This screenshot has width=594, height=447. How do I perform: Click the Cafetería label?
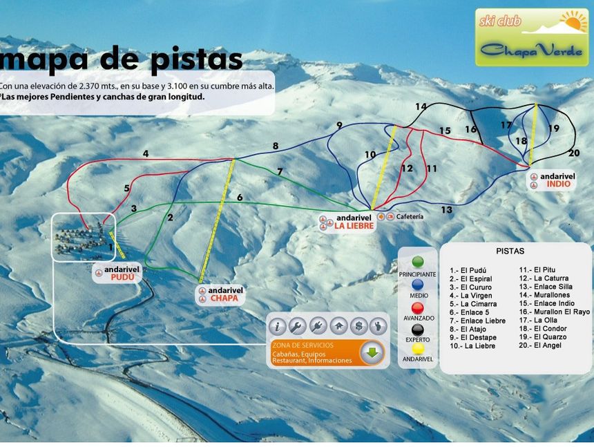click(410, 216)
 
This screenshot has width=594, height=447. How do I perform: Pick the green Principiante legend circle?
click(417, 263)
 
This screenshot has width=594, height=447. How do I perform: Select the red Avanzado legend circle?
click(417, 307)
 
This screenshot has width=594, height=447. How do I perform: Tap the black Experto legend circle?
click(417, 329)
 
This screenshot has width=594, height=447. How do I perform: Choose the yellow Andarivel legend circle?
click(417, 350)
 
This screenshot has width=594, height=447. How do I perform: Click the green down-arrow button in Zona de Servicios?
click(372, 353)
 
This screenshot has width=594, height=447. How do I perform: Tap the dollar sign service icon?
click(358, 325)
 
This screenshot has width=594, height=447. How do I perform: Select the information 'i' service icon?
click(277, 325)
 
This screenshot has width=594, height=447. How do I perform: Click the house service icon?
click(338, 325)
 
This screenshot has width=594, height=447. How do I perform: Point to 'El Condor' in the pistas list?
click(550, 328)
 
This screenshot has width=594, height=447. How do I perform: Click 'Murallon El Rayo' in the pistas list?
click(561, 312)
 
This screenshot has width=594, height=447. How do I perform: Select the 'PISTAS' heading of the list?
click(510, 251)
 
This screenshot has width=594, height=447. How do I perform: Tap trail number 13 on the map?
click(447, 209)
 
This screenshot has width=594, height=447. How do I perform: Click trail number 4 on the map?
click(146, 154)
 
